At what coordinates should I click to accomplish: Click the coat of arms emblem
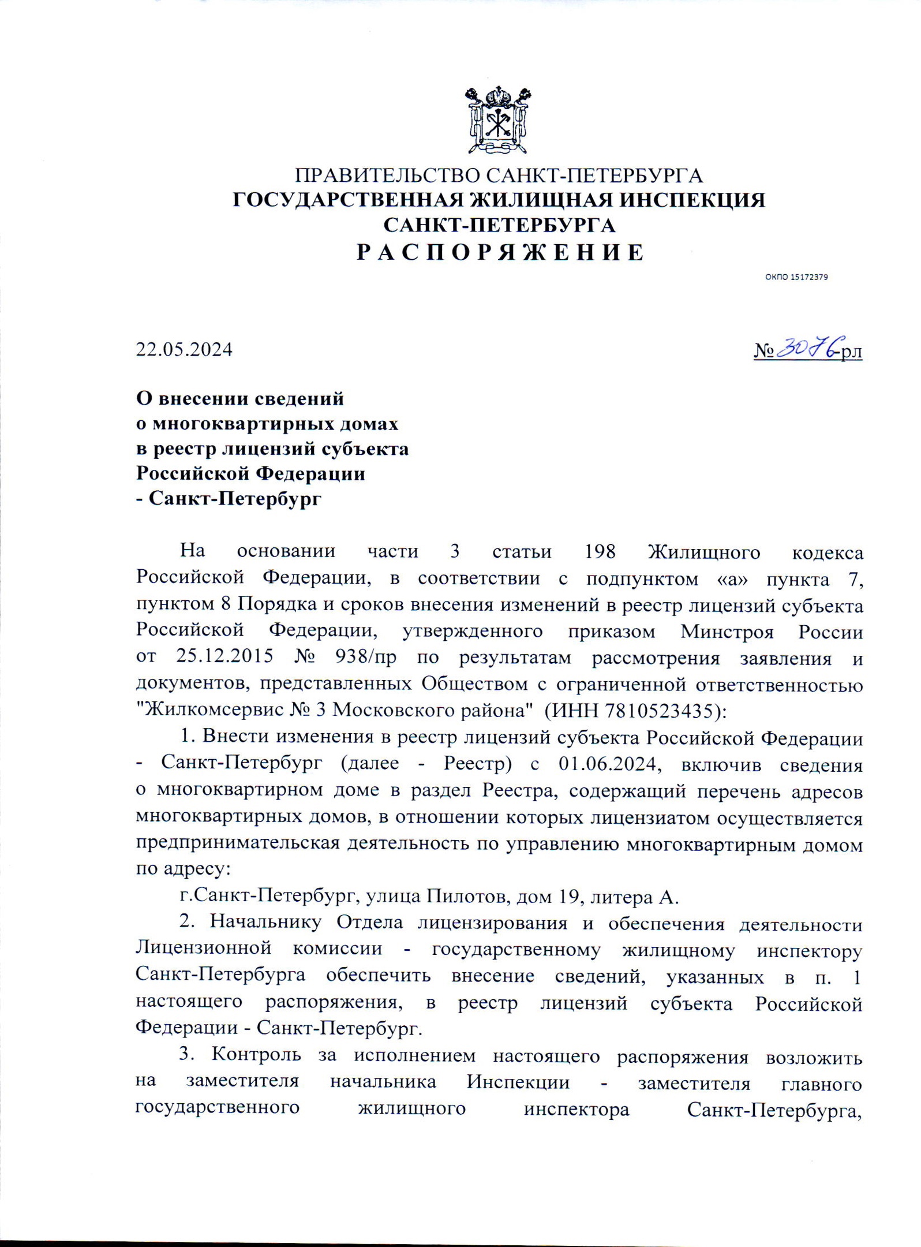pos(499,120)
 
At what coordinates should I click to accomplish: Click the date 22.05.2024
pos(184,350)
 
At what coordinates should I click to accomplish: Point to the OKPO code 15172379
pos(796,277)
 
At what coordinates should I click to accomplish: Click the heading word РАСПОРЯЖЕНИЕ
pos(500,253)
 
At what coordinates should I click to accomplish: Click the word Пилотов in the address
pos(468,897)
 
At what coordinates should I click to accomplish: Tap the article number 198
pos(601,552)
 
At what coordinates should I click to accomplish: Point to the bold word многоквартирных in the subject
pos(274,424)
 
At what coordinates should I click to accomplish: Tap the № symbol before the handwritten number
pos(764,350)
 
